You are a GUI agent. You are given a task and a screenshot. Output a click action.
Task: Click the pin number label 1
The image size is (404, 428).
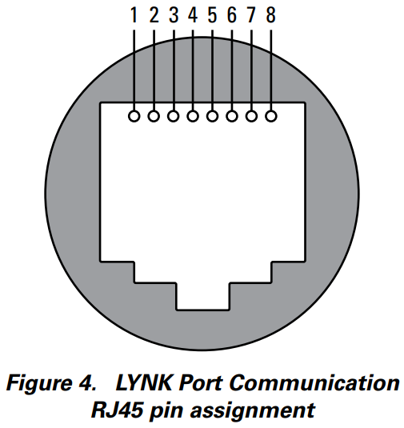(x=134, y=15)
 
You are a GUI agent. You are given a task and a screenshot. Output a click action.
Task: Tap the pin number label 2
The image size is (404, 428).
(x=154, y=15)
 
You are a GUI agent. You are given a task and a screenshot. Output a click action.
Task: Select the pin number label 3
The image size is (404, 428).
(x=174, y=15)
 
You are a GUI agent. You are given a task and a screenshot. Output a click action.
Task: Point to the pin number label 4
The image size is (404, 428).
(x=193, y=15)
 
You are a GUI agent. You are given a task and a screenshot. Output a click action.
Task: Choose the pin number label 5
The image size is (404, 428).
(x=212, y=15)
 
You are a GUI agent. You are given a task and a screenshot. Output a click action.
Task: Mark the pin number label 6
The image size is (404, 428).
(x=232, y=15)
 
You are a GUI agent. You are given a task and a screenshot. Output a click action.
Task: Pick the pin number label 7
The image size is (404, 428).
(x=251, y=15)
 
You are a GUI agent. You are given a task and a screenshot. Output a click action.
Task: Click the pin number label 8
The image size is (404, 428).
(x=270, y=15)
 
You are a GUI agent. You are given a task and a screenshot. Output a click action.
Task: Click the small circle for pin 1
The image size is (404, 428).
(x=134, y=117)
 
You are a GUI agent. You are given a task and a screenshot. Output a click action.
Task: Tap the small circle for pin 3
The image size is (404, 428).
(x=174, y=117)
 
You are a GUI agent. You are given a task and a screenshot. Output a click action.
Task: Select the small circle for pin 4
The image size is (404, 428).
(x=193, y=117)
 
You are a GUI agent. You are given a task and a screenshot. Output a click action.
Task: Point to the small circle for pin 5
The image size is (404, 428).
(x=212, y=117)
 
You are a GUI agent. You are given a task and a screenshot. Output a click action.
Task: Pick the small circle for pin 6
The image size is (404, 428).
(x=232, y=117)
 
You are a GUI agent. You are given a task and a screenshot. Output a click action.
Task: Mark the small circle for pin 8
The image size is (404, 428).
(x=270, y=117)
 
